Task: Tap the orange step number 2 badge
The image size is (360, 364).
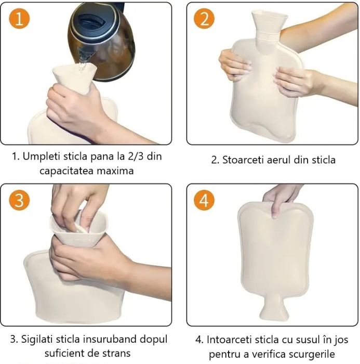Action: [x=204, y=19]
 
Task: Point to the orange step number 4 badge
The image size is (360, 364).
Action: [x=204, y=201]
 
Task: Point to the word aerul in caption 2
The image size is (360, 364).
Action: [x=280, y=160]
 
